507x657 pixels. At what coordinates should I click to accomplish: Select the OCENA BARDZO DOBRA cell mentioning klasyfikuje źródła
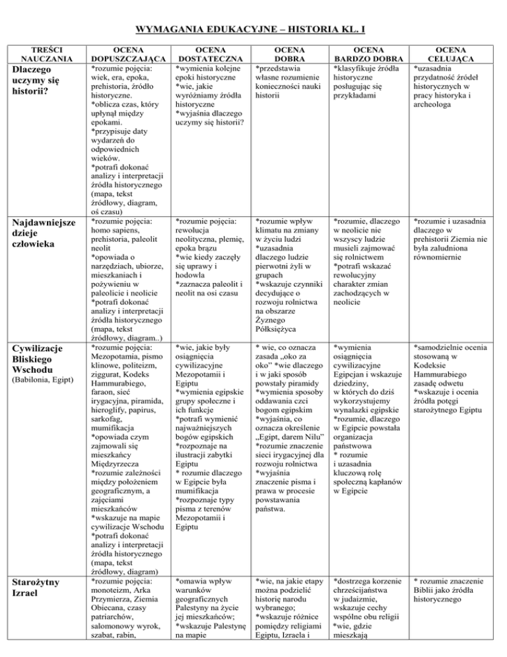368,81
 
